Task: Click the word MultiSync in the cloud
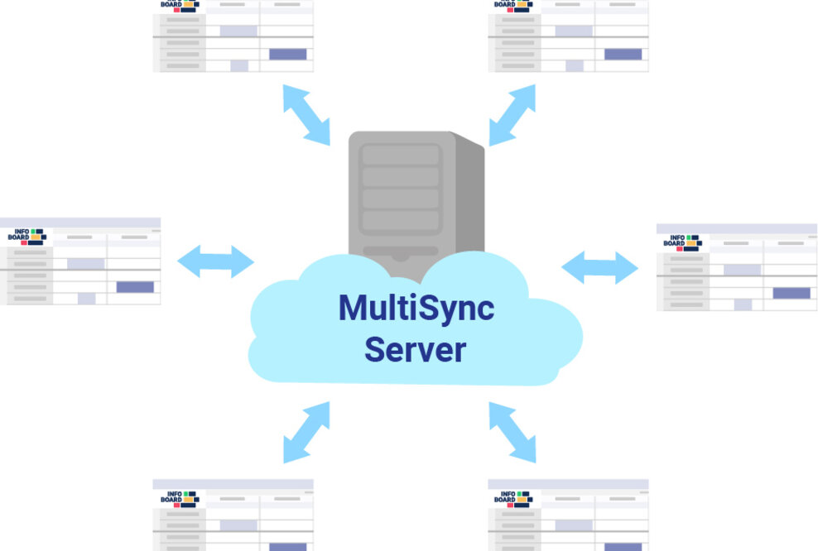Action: click(416, 309)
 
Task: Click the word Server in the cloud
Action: click(416, 349)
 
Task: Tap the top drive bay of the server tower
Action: click(401, 155)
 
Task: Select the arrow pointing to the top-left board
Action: click(306, 115)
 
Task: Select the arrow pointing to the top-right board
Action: click(512, 115)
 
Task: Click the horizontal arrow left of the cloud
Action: click(215, 261)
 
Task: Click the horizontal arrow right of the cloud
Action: click(599, 267)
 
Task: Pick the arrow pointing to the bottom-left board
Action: click(306, 432)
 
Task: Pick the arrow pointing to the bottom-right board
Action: click(512, 432)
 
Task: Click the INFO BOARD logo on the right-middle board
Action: click(682, 242)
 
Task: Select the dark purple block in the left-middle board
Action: click(135, 287)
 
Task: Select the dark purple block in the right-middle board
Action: click(792, 293)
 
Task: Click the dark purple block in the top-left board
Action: click(287, 55)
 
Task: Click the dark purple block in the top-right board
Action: click(623, 55)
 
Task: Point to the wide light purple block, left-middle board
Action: click(85, 264)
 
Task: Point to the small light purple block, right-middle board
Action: click(743, 304)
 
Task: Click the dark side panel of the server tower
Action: click(469, 199)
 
